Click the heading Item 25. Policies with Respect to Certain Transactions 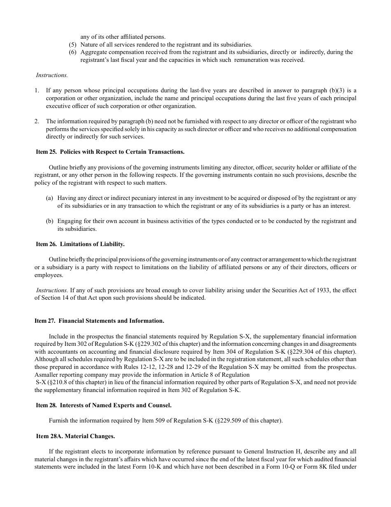(x=110, y=152)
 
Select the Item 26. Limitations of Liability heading (x=80, y=244)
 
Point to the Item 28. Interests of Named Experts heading (x=103, y=405)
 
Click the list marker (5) (x=72, y=45)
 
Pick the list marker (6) (x=72, y=52)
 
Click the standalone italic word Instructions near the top (x=52, y=75)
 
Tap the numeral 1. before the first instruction (x=37, y=90)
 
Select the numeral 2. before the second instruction (x=37, y=121)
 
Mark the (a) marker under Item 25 (x=49, y=198)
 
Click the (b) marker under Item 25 (x=49, y=221)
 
